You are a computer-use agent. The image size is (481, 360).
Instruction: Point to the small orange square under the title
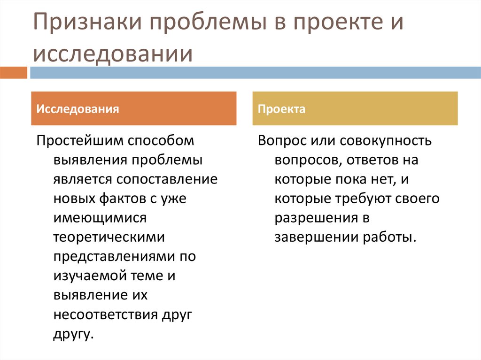pyautogui.click(x=14, y=73)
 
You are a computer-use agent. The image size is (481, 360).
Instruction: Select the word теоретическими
pyautogui.click(x=109, y=237)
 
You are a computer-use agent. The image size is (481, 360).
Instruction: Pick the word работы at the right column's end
pyautogui.click(x=389, y=237)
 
